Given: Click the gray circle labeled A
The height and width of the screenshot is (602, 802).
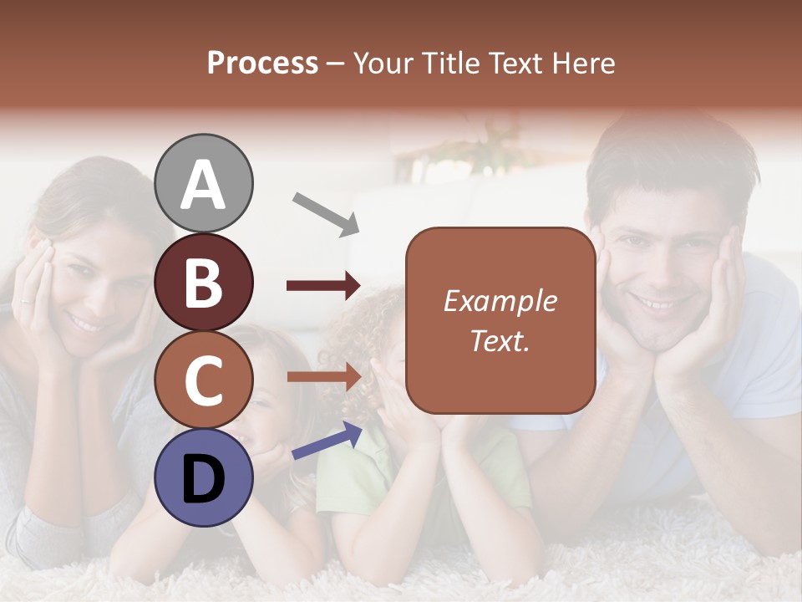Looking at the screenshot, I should click(203, 183).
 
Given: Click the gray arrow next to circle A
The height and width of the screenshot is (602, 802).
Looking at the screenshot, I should click(325, 212).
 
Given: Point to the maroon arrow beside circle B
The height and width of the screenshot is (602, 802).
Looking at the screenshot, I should click(322, 286).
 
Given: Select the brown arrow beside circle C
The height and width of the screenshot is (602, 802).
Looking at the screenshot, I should click(322, 377).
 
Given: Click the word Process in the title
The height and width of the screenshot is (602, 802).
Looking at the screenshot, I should click(262, 63).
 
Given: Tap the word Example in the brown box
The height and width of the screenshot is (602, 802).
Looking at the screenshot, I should click(500, 301).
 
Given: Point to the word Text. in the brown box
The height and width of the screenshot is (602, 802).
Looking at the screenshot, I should click(500, 340).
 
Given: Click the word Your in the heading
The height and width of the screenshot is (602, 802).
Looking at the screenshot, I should click(383, 63).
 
